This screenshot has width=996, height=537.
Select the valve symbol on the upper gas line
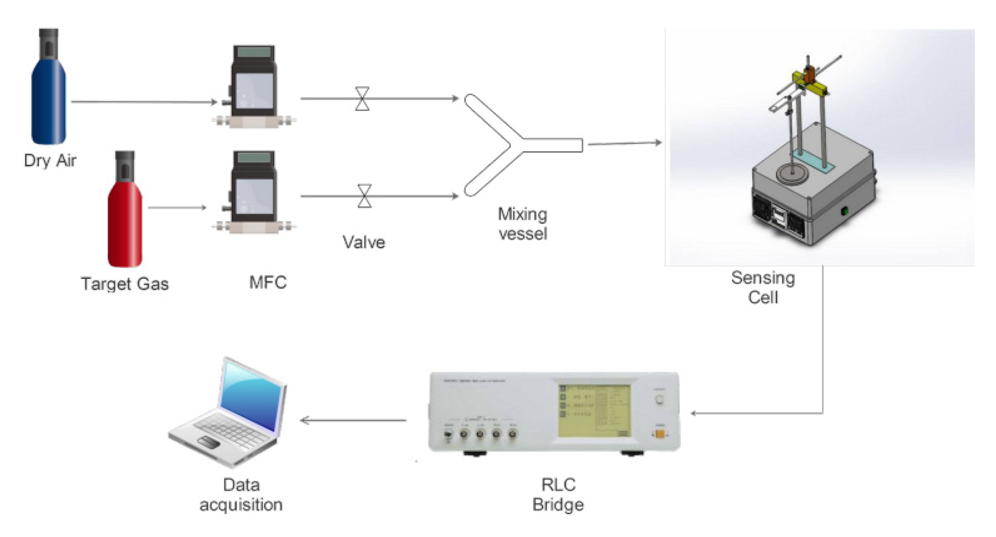pos(362,98)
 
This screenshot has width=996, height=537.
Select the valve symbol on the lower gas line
pos(364,196)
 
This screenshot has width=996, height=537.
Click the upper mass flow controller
pos(254,86)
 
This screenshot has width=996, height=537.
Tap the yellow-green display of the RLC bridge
pos(594,410)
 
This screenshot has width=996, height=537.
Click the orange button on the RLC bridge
pos(660,434)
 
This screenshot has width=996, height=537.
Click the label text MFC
pos(268,283)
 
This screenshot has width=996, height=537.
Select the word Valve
pos(364,242)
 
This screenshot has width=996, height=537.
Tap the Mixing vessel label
pos(522,224)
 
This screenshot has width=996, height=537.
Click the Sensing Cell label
pos(763,287)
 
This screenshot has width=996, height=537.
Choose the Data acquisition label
pos(241,495)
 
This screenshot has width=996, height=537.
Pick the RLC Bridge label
pos(558,495)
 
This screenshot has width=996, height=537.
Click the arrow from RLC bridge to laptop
pos(352,420)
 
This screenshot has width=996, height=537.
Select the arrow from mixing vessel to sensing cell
pos(625,143)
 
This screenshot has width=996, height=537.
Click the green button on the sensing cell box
pos(845,210)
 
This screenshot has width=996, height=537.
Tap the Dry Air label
pos(50,160)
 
